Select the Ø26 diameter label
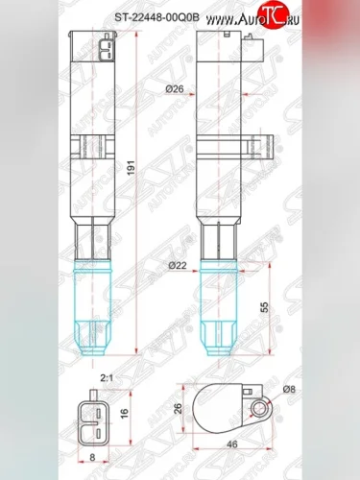point(175,89)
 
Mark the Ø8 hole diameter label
point(288,388)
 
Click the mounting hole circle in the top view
point(258,410)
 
